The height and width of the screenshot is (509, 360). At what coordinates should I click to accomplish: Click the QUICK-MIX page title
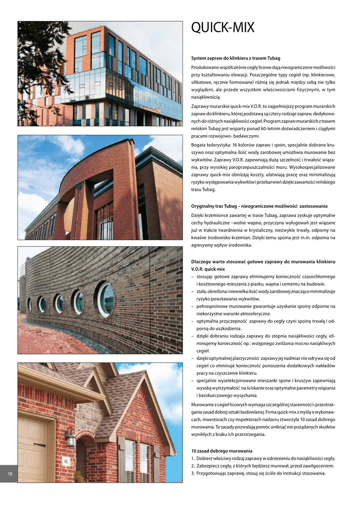[x=222, y=28]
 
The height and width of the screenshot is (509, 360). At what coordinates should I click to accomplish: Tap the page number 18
[x=10, y=474]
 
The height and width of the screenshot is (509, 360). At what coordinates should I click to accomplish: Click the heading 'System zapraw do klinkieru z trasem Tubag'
[x=236, y=59]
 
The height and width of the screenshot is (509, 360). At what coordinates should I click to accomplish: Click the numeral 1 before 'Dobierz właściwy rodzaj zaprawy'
[x=192, y=458]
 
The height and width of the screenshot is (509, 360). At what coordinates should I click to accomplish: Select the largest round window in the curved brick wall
[x=105, y=299]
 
